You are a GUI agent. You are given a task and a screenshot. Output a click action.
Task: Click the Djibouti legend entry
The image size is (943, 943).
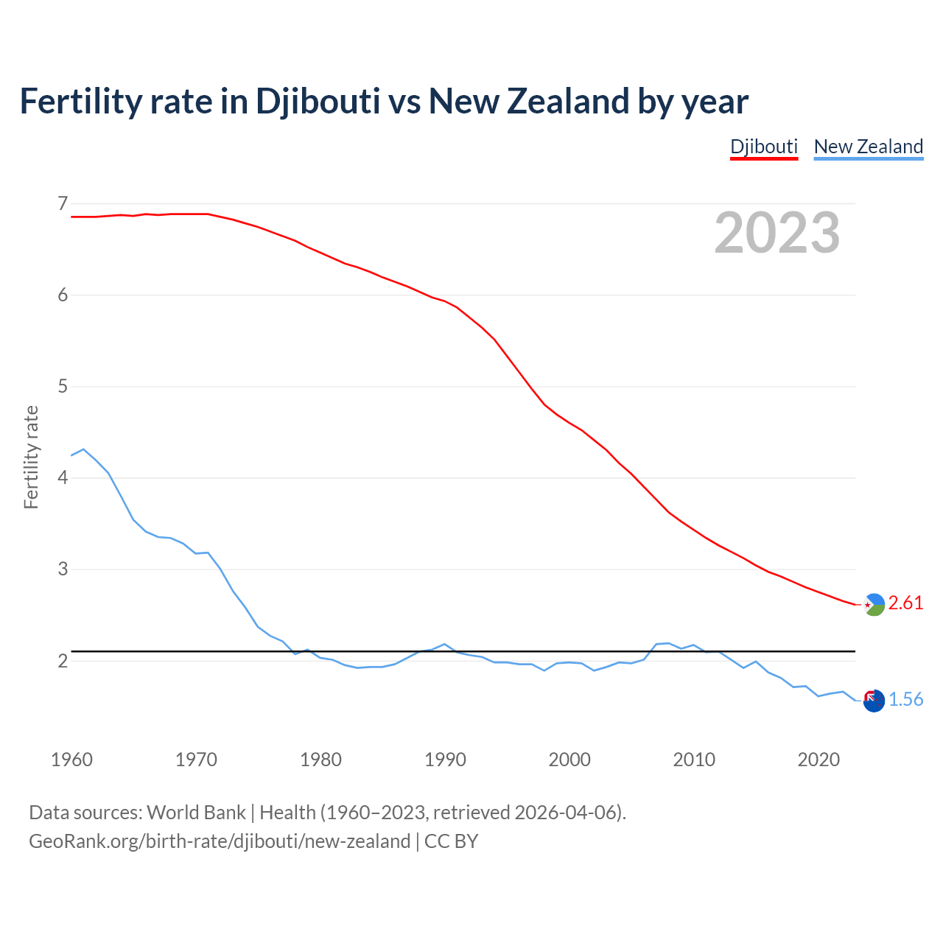point(764,147)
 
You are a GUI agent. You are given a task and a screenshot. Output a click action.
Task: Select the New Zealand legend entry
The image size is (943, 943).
point(868,147)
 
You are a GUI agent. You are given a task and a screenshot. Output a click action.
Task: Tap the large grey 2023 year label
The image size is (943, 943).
point(777,233)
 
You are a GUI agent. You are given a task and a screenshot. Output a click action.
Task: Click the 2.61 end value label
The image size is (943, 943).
point(905,603)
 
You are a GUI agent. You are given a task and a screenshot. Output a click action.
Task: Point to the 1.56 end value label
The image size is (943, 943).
point(905,700)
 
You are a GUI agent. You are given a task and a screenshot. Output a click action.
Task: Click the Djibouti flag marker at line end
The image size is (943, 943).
point(874,604)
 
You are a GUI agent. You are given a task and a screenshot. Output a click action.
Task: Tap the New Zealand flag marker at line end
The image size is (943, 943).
point(874,701)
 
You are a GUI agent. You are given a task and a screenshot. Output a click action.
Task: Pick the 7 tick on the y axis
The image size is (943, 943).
point(63,203)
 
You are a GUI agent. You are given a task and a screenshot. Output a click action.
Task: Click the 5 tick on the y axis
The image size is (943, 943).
point(63,386)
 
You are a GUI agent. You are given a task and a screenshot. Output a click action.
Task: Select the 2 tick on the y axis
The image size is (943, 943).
point(63,661)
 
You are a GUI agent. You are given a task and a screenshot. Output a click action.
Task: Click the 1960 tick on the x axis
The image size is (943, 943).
point(71,760)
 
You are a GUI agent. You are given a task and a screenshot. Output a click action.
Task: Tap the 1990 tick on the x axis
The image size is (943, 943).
point(445,760)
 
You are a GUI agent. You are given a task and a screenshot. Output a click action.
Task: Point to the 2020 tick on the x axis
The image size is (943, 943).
point(818,760)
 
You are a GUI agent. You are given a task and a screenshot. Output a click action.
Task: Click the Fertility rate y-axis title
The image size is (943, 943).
point(31,457)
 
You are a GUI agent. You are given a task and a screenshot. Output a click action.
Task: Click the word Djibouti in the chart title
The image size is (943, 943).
point(318,101)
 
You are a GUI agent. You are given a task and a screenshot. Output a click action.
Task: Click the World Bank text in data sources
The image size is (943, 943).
point(196,813)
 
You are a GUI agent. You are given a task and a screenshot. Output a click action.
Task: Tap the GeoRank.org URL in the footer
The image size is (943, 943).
point(220,841)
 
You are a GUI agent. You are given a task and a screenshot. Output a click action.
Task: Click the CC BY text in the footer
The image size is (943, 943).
point(452,841)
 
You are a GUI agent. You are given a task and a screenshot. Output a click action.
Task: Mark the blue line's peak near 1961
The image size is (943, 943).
point(83,449)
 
